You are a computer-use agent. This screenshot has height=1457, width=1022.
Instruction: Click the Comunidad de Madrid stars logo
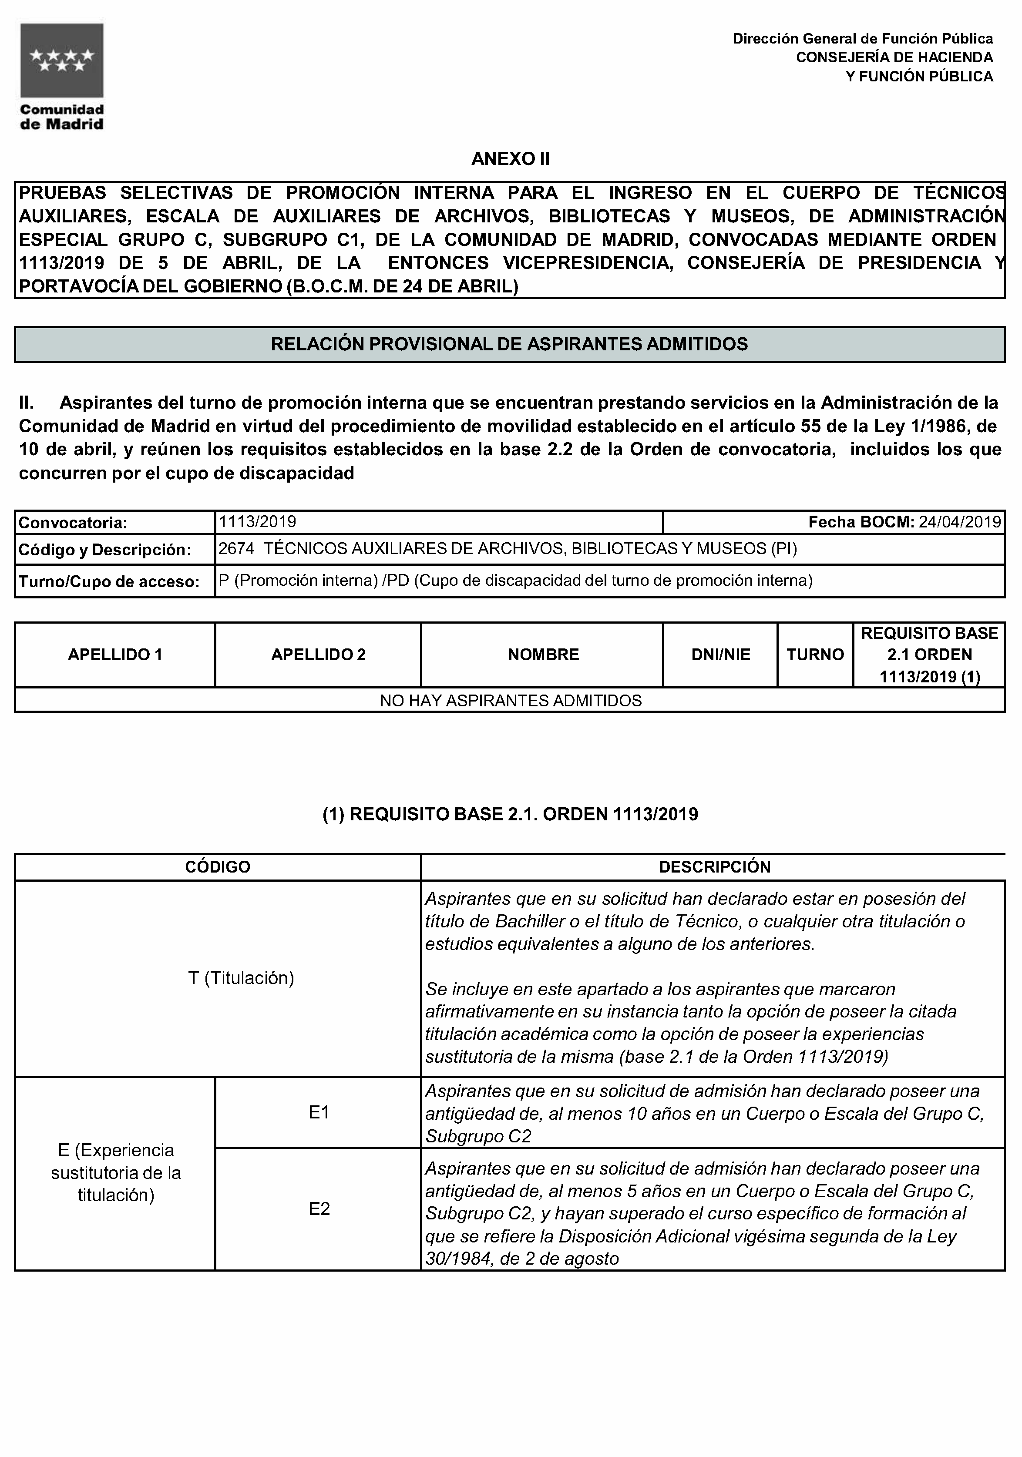point(61,60)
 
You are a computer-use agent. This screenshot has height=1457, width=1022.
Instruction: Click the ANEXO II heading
point(511,159)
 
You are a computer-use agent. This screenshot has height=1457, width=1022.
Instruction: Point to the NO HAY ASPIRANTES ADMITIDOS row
point(511,701)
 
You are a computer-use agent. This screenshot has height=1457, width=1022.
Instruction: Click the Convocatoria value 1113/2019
point(257,522)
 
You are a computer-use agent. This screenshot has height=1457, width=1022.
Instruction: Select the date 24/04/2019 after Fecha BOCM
point(960,522)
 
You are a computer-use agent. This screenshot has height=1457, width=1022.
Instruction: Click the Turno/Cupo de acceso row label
point(109,581)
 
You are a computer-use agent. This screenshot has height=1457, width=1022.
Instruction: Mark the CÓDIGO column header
point(218,867)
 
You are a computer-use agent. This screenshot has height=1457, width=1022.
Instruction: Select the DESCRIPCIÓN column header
point(714,867)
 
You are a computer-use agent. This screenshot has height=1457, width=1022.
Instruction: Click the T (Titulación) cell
point(241,978)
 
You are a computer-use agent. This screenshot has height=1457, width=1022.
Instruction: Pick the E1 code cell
point(319,1112)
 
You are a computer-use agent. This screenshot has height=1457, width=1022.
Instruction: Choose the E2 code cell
point(319,1209)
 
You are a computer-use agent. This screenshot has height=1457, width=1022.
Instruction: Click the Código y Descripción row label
point(105,550)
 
